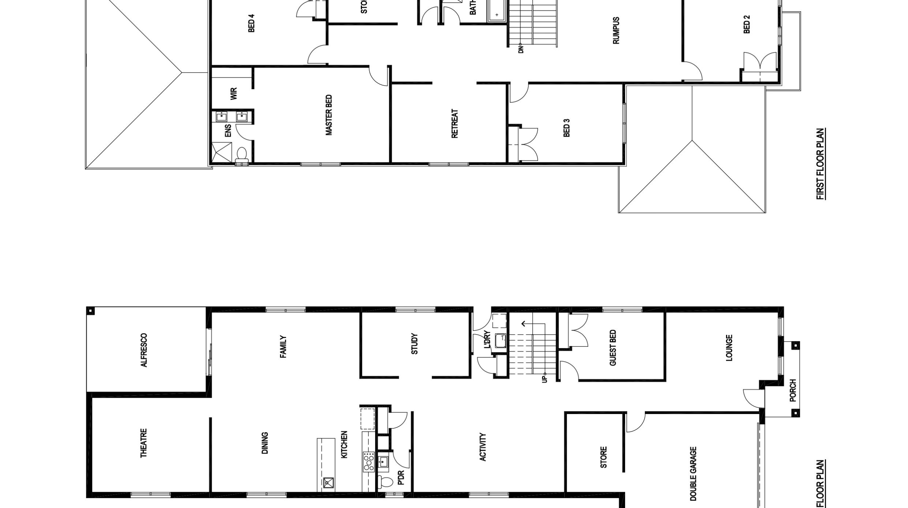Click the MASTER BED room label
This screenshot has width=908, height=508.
(329, 115)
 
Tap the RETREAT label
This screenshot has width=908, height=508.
(455, 123)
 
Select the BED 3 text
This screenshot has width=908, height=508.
(566, 128)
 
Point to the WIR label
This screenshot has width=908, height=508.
(234, 94)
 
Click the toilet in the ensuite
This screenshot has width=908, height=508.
(242, 154)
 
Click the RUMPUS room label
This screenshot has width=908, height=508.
(616, 30)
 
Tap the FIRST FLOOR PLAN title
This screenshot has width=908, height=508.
(820, 164)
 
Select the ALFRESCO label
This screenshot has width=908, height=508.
(144, 350)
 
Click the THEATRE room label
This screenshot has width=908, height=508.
(143, 443)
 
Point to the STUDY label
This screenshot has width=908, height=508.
(414, 344)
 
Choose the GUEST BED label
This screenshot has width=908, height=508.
(613, 348)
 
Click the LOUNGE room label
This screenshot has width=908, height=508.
(729, 348)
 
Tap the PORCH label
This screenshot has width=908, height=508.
(793, 390)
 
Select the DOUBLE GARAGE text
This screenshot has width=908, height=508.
(693, 474)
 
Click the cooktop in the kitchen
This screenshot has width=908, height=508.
(369, 462)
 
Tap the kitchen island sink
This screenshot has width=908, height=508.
(328, 483)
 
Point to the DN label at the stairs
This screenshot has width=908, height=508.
(521, 49)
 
